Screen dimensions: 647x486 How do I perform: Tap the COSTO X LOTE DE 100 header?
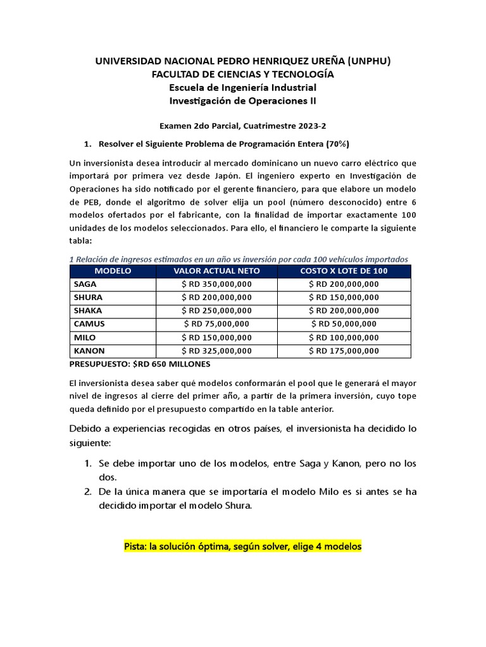344,271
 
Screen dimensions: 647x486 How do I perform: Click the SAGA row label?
85,284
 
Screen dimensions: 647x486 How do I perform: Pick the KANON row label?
89,351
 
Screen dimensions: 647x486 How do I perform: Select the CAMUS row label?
89,324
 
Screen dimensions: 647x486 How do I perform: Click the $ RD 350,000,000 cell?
216,284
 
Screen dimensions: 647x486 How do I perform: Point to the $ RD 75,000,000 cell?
216,324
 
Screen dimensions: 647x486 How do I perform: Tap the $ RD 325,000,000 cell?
216,351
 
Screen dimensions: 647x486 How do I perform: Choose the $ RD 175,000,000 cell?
344,351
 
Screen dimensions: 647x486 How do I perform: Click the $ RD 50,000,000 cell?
344,324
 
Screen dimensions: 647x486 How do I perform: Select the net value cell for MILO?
216,337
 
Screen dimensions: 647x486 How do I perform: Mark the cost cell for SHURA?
344,298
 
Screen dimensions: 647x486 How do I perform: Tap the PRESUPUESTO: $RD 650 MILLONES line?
139,365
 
